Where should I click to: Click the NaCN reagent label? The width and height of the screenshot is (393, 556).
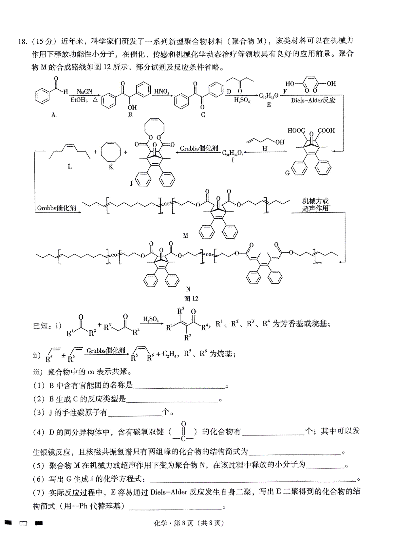84,92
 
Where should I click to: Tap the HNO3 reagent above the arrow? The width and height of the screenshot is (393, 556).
161,92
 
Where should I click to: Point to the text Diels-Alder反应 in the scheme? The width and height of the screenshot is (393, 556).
313,100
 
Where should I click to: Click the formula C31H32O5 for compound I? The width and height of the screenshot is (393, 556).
233,153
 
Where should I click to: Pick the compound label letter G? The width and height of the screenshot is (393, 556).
287,173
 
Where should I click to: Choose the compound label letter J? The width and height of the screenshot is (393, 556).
131,183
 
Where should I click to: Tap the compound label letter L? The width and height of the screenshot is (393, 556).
70,167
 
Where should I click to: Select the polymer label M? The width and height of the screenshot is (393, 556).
185,235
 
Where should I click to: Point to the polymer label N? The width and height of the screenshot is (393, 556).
188,289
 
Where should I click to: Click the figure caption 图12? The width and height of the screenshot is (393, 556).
191,298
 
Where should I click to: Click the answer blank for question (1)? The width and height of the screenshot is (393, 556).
179,388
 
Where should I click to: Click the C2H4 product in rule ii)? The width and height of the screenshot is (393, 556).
170,353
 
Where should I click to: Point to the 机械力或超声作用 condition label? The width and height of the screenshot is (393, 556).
315,205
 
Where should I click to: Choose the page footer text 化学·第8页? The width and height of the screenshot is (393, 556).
173,523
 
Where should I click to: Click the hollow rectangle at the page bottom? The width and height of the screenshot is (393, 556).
23,523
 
